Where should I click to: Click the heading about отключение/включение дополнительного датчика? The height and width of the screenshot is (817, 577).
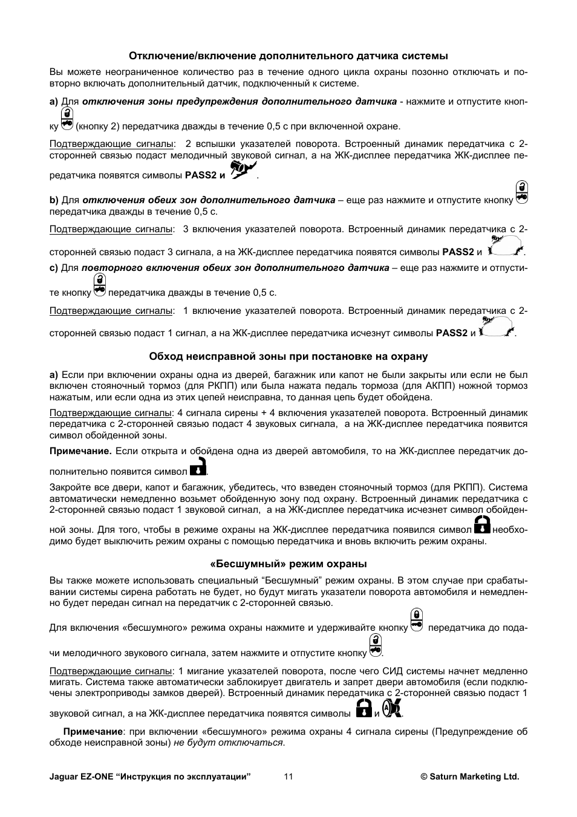pos(288,56)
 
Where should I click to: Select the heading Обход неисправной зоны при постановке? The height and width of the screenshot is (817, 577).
pos(288,356)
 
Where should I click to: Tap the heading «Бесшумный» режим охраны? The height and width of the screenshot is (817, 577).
pos(288,564)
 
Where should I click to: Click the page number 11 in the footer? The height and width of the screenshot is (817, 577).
pos(288,776)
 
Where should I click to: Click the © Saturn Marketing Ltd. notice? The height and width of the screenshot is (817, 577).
pos(469,776)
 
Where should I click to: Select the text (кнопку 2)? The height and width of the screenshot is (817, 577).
pos(99,126)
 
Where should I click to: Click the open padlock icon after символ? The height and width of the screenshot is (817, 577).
pos(198,467)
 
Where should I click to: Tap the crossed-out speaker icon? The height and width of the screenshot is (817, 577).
pos(392,708)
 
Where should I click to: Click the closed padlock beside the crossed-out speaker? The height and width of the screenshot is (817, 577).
pos(363,708)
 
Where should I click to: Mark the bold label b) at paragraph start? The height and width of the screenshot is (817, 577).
pos(54,200)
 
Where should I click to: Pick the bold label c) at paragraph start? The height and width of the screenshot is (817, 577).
pos(54,267)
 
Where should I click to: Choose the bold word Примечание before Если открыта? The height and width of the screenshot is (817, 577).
pos(80,451)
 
